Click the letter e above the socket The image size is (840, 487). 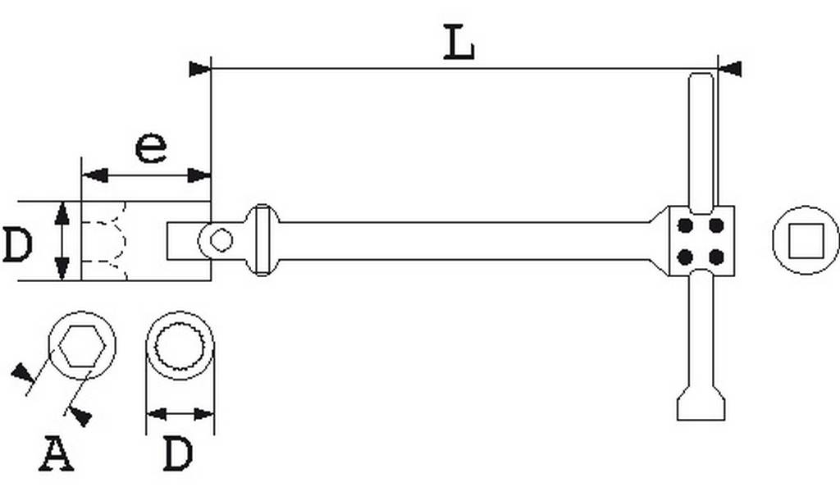150,147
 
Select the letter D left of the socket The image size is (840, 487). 17,246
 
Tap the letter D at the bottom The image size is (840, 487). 177,453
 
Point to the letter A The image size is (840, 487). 57,454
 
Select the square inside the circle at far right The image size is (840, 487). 806,240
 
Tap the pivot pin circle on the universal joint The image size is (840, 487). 220,240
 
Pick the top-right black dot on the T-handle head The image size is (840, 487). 715,225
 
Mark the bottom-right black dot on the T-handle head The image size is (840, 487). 715,257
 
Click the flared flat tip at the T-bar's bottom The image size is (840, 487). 701,405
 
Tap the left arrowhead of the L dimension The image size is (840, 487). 199,69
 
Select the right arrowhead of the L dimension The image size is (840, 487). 730,69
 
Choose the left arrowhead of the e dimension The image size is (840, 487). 95,175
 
